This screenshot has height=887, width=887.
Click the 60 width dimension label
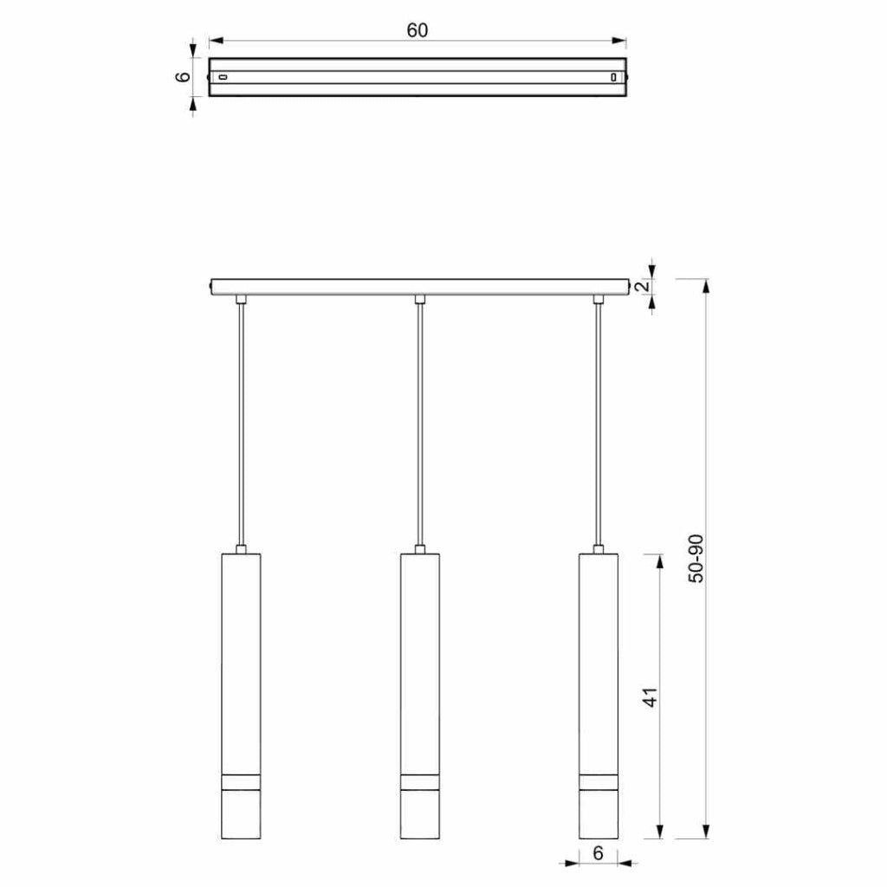[x=418, y=30]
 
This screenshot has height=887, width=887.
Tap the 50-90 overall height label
[x=696, y=559]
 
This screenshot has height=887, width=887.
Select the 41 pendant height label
[x=651, y=697]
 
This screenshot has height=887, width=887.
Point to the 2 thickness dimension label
[x=643, y=286]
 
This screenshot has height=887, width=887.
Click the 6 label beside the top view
[x=184, y=77]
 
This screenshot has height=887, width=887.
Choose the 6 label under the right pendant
[x=599, y=852]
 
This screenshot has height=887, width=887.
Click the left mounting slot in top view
[x=223, y=77]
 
